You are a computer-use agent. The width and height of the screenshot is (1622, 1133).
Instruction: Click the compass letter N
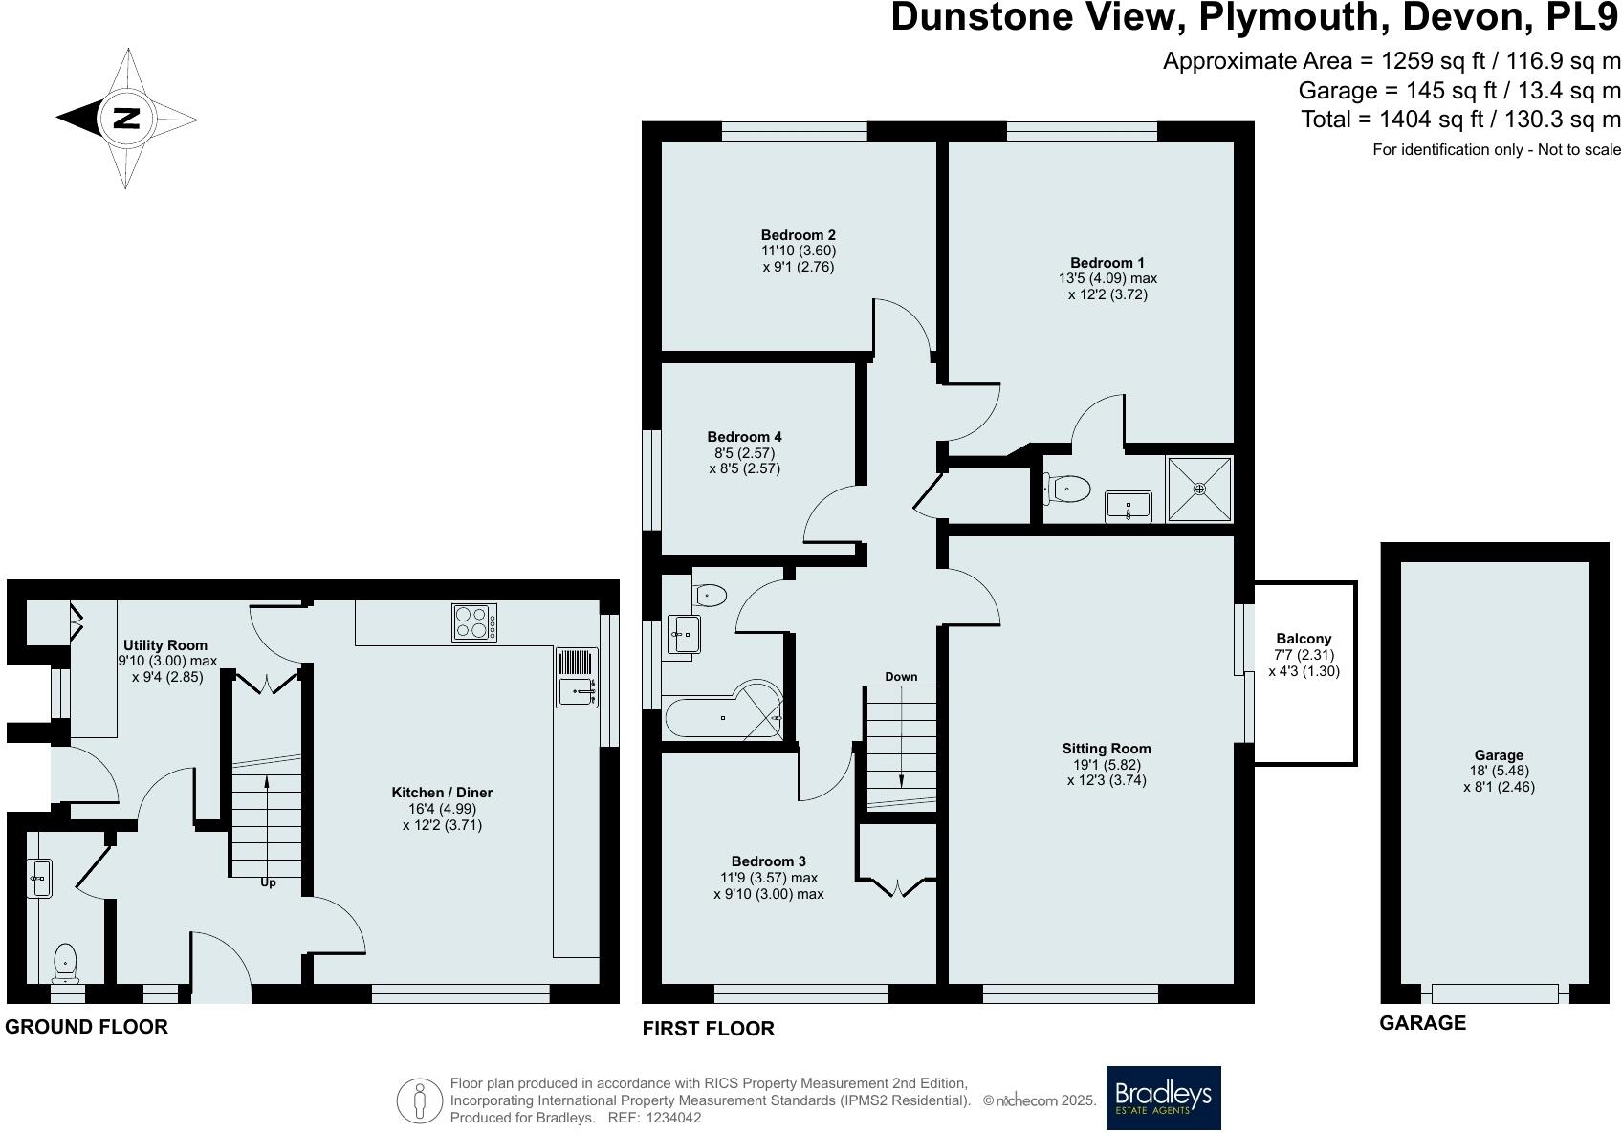pyautogui.click(x=126, y=119)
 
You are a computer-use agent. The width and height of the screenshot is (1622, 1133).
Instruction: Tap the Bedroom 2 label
pyautogui.click(x=799, y=235)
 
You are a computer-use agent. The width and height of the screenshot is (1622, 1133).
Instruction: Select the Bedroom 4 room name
pyautogui.click(x=745, y=437)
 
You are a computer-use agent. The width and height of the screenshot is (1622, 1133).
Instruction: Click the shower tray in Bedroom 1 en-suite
pyautogui.click(x=1199, y=489)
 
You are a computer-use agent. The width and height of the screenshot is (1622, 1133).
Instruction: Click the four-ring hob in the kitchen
pyautogui.click(x=474, y=622)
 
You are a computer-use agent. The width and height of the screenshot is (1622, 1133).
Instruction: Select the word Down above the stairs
pyautogui.click(x=901, y=676)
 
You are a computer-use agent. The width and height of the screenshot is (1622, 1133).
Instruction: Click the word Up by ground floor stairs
pyautogui.click(x=268, y=882)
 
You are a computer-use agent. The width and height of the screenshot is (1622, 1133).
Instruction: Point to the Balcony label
pyautogui.click(x=1304, y=639)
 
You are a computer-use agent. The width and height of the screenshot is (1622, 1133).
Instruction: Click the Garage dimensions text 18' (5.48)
pyautogui.click(x=1499, y=771)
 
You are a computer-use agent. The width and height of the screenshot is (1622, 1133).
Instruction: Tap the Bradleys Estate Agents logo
pyautogui.click(x=1163, y=1098)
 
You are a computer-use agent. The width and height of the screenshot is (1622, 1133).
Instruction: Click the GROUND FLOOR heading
pyautogui.click(x=86, y=1027)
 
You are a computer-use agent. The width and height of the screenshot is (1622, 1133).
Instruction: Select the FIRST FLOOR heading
pyautogui.click(x=708, y=1029)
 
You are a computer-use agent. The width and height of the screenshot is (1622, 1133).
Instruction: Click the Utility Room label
pyautogui.click(x=164, y=645)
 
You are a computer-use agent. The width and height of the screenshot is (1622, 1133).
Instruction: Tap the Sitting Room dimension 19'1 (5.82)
pyautogui.click(x=1107, y=764)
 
